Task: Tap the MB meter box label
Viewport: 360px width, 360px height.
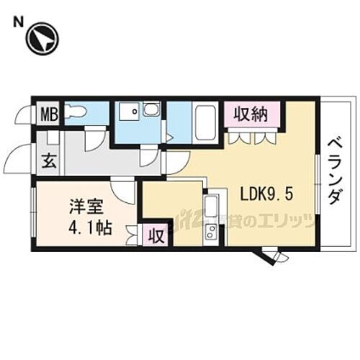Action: [x=49, y=113]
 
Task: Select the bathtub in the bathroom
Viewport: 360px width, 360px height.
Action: [x=206, y=122]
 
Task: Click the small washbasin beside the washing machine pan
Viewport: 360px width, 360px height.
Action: [x=151, y=109]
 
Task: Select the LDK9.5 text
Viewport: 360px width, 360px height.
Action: [x=265, y=194]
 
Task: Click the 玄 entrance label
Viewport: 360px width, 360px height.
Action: [x=48, y=161]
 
